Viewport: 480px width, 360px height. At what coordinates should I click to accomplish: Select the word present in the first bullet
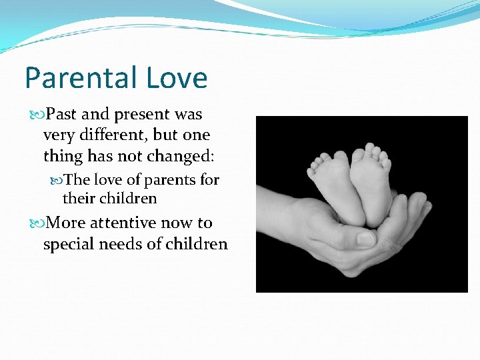(x=138, y=115)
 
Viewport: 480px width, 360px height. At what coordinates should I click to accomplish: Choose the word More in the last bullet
(x=65, y=223)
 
